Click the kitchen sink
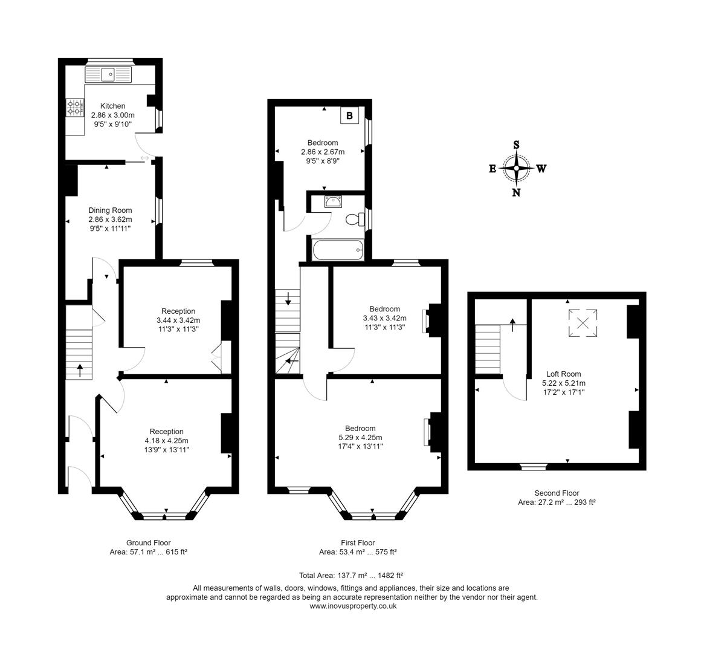109,75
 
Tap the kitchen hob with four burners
75,107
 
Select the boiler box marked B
349,115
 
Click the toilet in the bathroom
355,219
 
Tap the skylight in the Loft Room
583,322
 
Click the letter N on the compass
516,193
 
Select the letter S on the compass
516,145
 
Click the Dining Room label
110,210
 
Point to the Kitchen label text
112,106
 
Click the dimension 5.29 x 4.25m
360,437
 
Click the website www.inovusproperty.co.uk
353,606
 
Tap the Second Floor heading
557,493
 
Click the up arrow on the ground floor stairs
80,369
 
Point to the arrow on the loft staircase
513,325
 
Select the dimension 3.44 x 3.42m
178,320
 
